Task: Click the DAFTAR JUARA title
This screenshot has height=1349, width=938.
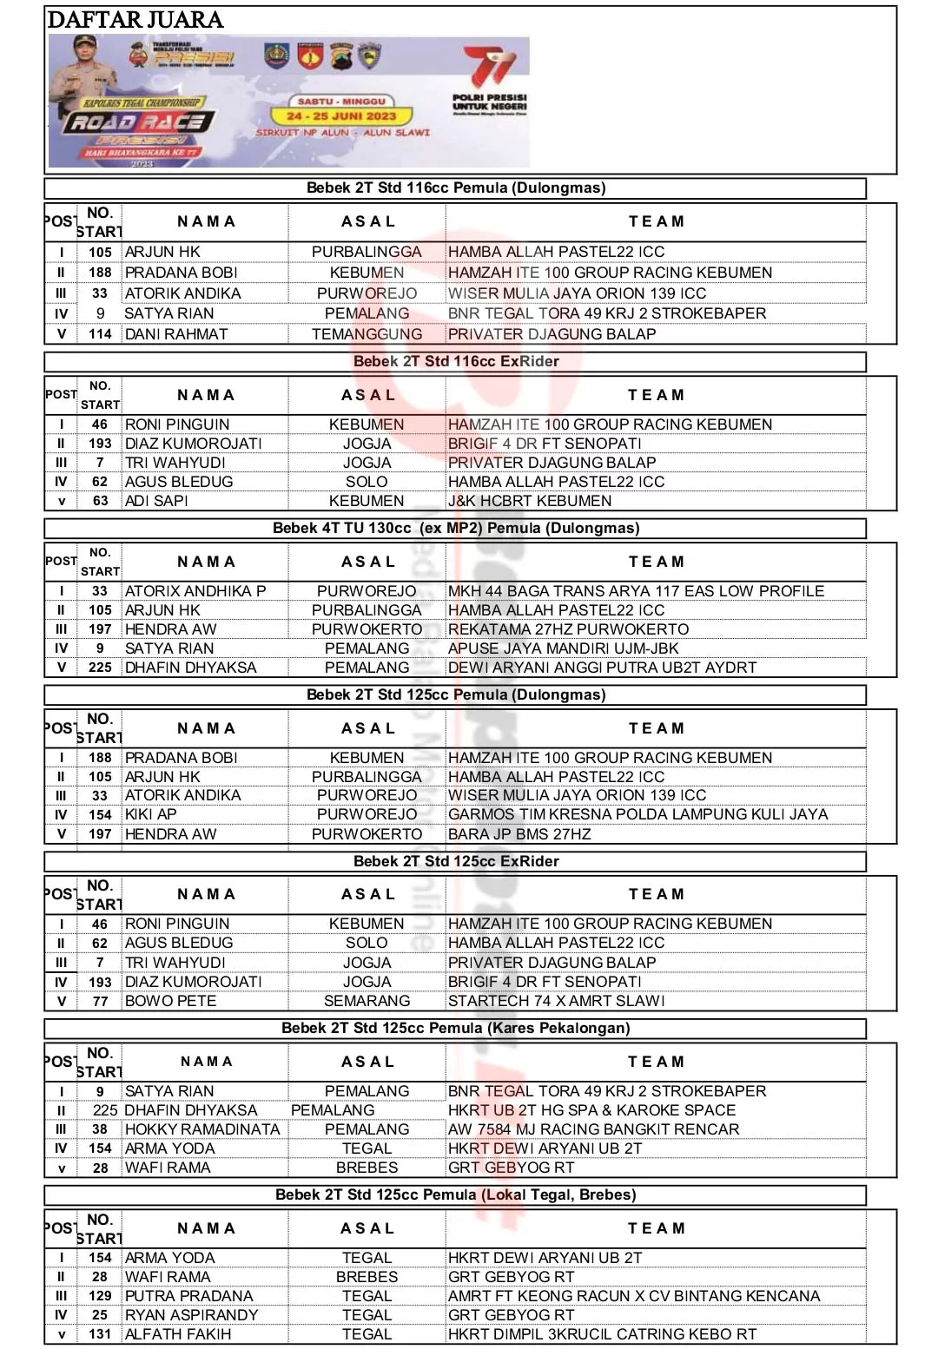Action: pyautogui.click(x=135, y=20)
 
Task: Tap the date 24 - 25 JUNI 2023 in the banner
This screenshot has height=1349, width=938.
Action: pyautogui.click(x=341, y=115)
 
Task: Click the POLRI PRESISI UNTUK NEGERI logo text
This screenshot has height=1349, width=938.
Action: pyautogui.click(x=489, y=102)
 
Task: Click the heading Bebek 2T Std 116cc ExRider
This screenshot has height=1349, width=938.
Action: pyautogui.click(x=456, y=361)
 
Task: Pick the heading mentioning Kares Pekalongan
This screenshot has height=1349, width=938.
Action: pyautogui.click(x=456, y=1028)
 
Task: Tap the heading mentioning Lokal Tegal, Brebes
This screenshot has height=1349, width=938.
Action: pyautogui.click(x=456, y=1194)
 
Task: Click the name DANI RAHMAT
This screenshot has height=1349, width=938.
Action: pyautogui.click(x=176, y=334)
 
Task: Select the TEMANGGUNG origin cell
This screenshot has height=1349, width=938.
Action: pyautogui.click(x=367, y=334)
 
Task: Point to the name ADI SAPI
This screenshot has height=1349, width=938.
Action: pyautogui.click(x=156, y=501)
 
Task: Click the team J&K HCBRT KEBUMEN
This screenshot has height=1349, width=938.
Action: pyautogui.click(x=530, y=501)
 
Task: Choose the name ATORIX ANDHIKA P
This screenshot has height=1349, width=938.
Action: pyautogui.click(x=195, y=591)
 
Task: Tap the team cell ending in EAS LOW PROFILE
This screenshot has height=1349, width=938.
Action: pyautogui.click(x=636, y=591)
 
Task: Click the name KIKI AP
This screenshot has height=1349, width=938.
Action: pyautogui.click(x=151, y=814)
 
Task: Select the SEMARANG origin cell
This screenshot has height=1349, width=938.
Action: pyautogui.click(x=367, y=1001)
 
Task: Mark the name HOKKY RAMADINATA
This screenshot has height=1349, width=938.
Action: pyautogui.click(x=202, y=1129)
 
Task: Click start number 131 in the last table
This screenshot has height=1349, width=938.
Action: pyautogui.click(x=100, y=1334)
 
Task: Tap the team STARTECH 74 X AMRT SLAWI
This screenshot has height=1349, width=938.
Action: pyautogui.click(x=557, y=1001)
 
